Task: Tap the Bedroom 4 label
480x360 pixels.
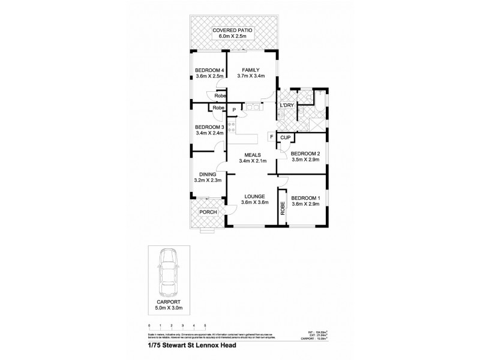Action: click(x=209, y=73)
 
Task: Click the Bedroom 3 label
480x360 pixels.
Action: click(x=209, y=130)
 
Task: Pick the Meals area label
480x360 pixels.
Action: click(x=251, y=158)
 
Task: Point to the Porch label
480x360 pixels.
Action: click(x=208, y=212)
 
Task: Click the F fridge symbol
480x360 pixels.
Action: click(x=271, y=137)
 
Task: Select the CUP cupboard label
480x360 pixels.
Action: click(x=286, y=137)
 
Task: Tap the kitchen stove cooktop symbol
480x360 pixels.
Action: click(x=230, y=127)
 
